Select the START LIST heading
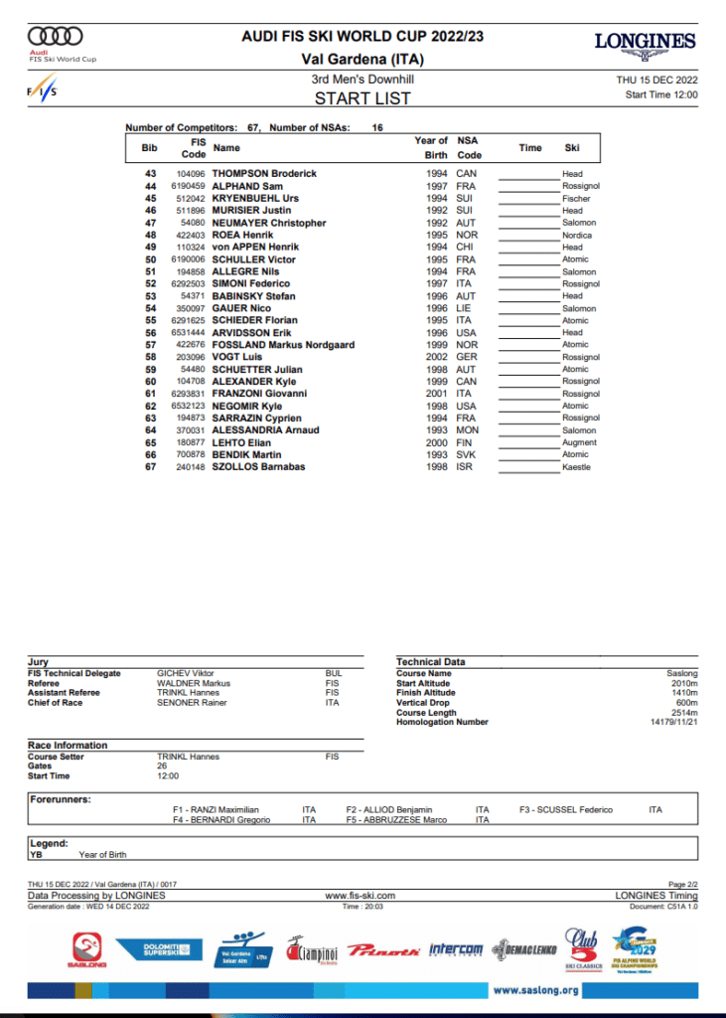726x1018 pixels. tap(363, 98)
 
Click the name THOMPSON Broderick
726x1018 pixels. tap(264, 174)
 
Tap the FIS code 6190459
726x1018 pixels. tap(188, 186)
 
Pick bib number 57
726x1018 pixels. tap(151, 345)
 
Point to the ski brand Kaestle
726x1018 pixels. tap(576, 467)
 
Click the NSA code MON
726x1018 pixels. tap(466, 430)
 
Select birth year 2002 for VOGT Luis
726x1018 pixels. tap(436, 357)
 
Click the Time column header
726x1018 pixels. tap(530, 148)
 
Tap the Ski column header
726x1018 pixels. tap(572, 148)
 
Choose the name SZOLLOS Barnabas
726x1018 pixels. tap(258, 467)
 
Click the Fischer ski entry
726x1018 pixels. tap(576, 198)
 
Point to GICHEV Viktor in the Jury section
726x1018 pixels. tap(186, 673)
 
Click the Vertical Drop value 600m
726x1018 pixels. tap(686, 703)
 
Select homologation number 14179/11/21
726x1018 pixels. tap(673, 722)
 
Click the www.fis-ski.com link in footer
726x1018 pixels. tap(363, 896)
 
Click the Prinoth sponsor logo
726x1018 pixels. tap(383, 949)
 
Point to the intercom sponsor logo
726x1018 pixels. tap(456, 949)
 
